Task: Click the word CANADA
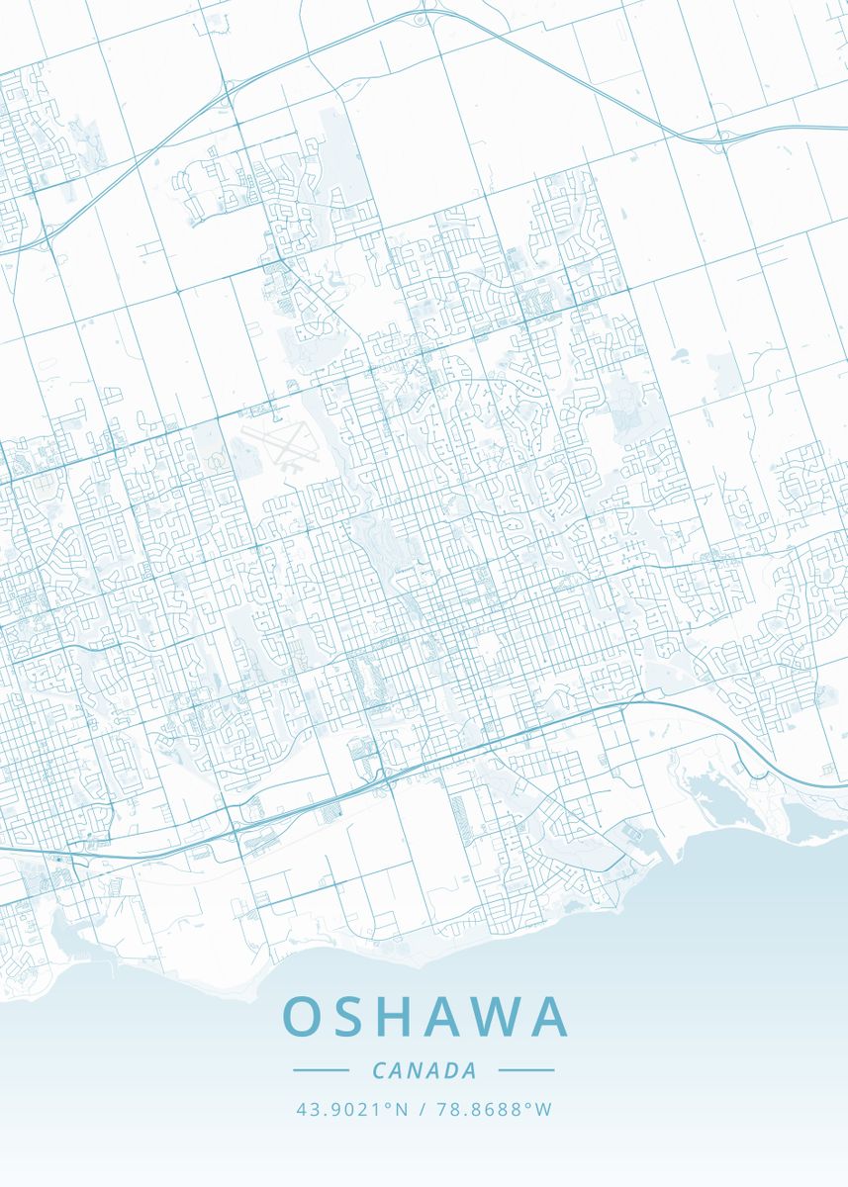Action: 424,1070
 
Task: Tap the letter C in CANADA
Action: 379,1070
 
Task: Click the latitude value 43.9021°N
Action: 351,1110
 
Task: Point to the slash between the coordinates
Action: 423,1110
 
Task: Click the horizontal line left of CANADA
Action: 322,1070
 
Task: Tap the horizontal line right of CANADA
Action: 526,1070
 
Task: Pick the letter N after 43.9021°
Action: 401,1110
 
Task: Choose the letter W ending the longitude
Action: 543,1110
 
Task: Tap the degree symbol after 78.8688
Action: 528,1105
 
